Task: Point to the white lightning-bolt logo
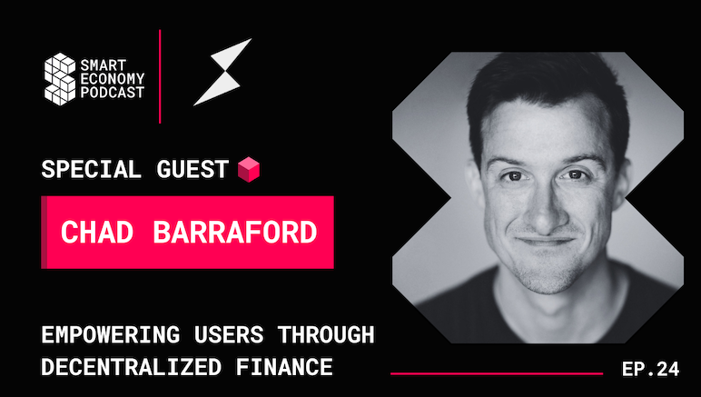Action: coord(222,72)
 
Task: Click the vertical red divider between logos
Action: coord(161,76)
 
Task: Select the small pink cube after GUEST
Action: coord(245,168)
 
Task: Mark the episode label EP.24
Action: coord(650,369)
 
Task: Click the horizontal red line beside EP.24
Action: coord(497,372)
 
